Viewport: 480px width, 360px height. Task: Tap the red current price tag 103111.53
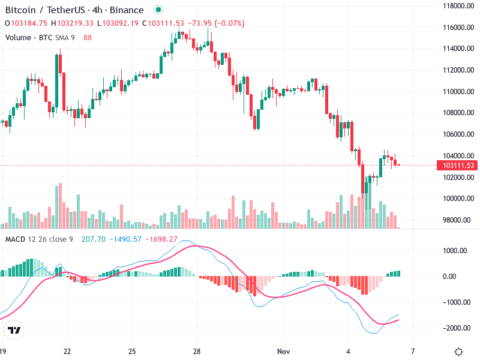[457, 165]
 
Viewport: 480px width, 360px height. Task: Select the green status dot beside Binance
[158, 10]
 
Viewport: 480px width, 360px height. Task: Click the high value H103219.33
[72, 23]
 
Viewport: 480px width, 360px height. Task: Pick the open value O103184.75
[26, 23]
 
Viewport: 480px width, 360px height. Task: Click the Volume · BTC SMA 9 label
[40, 37]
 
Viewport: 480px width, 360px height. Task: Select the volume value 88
[88, 37]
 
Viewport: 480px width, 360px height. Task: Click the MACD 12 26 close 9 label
[39, 239]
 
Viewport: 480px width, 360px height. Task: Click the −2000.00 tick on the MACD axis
[457, 328]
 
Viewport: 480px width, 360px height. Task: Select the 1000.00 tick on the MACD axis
[458, 251]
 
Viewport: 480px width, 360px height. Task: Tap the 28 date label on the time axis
[197, 351]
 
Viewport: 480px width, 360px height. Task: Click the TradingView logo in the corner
[14, 331]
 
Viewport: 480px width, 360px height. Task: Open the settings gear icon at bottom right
[459, 352]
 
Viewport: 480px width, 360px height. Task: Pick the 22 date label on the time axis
[67, 351]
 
